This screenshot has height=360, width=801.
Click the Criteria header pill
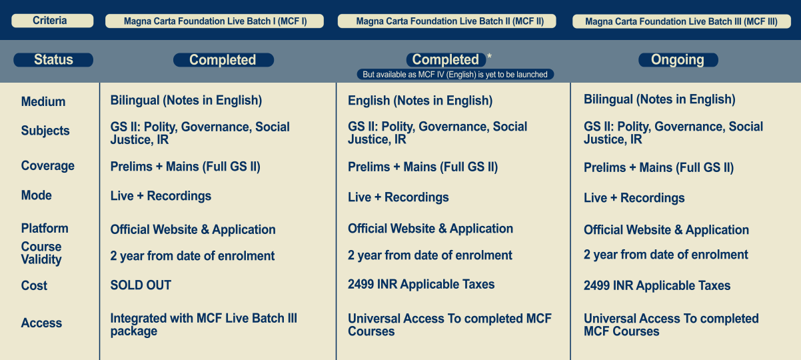click(52, 21)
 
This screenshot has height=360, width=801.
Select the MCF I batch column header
click(215, 21)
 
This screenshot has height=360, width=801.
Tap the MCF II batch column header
click(446, 21)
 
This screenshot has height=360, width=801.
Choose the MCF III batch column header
click(682, 21)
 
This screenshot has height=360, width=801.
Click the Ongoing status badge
click(678, 60)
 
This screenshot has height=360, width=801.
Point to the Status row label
click(53, 60)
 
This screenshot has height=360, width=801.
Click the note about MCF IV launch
click(455, 75)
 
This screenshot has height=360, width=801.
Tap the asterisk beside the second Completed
click(490, 57)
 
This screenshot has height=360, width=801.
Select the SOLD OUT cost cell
click(141, 285)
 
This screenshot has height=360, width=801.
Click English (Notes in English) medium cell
click(420, 101)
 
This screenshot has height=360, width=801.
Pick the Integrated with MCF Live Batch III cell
click(203, 325)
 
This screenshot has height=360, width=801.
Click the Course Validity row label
click(41, 253)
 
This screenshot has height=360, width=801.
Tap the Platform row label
click(45, 228)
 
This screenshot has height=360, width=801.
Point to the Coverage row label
click(47, 166)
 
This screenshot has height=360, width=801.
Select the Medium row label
click(43, 101)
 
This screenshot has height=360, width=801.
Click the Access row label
click(41, 323)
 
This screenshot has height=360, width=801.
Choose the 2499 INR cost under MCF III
click(657, 285)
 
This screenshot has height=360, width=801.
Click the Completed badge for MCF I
click(223, 60)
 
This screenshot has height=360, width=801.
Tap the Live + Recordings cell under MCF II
click(398, 197)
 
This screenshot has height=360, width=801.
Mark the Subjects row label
click(45, 131)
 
